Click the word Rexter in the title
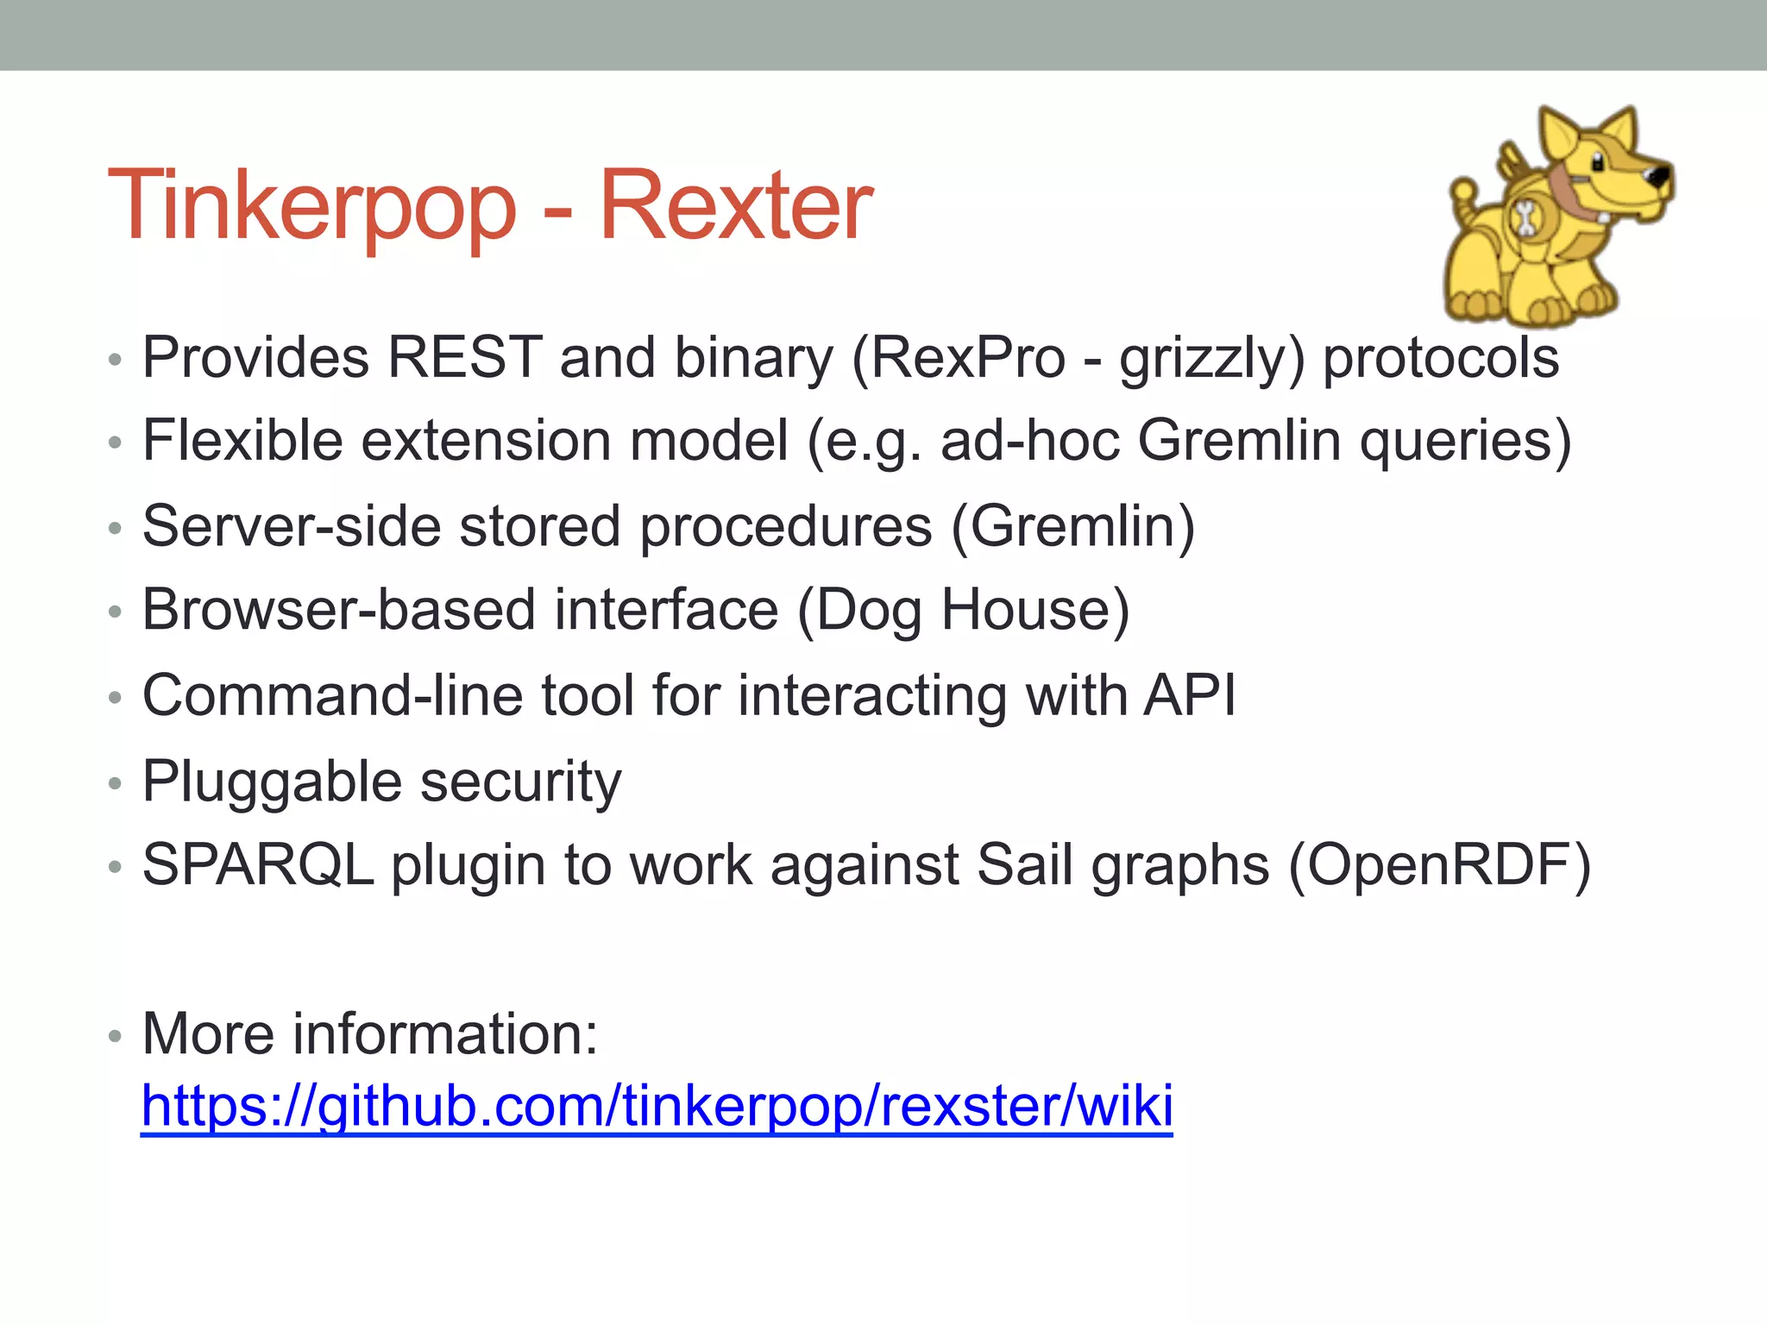pyautogui.click(x=735, y=207)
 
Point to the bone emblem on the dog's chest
pyautogui.click(x=1525, y=217)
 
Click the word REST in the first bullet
pyautogui.click(x=464, y=356)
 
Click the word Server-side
pyautogui.click(x=292, y=525)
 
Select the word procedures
pyautogui.click(x=785, y=527)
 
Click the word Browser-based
pyautogui.click(x=338, y=610)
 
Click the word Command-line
pyautogui.click(x=332, y=694)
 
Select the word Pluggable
pyautogui.click(x=272, y=782)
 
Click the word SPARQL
pyautogui.click(x=257, y=864)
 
